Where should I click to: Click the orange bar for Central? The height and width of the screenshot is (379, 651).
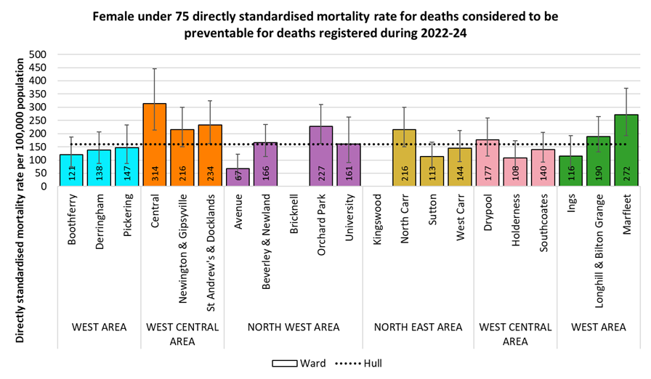pos(154,145)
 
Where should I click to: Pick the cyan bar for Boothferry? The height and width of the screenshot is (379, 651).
pos(71,171)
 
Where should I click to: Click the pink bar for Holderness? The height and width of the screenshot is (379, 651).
pos(515,172)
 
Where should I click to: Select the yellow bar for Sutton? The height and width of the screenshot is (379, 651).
pos(432,171)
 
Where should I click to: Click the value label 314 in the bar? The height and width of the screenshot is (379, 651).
pos(154,174)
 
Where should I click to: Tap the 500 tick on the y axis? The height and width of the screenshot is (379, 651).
pos(38,54)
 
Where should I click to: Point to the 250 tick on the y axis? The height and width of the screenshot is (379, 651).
pos(38,121)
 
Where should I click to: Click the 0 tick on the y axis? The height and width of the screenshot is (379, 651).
pos(44,187)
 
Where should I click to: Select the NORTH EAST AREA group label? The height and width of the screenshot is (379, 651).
pos(418,327)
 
